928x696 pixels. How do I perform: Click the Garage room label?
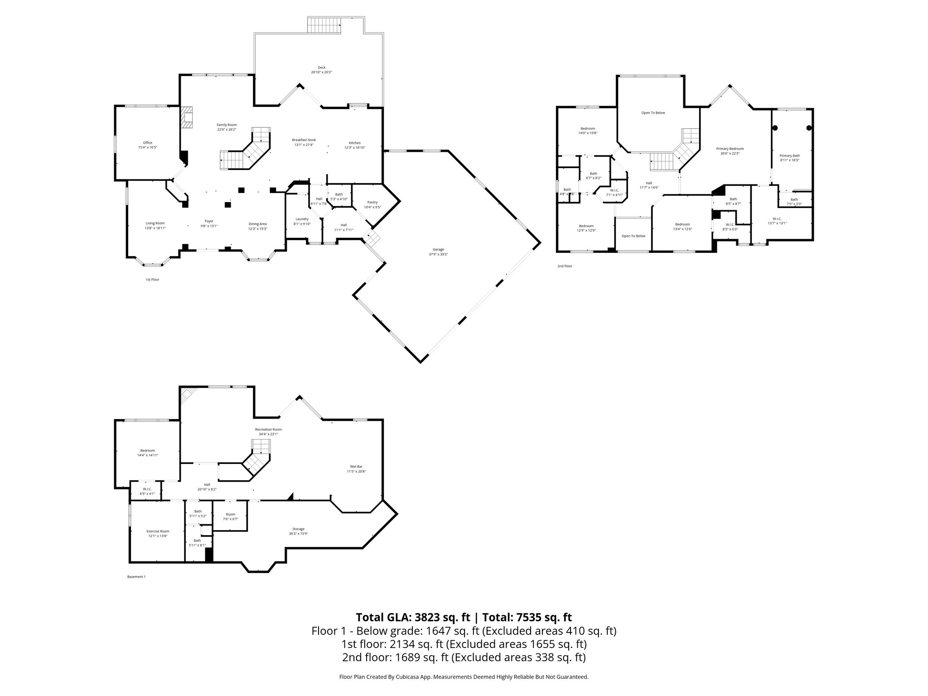point(438,249)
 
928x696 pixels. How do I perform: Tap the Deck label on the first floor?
point(321,68)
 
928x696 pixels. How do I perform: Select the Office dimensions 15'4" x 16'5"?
point(148,148)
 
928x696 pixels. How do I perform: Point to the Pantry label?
point(372,203)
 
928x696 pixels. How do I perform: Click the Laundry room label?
point(302,219)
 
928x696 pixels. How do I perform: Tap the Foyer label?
point(209,221)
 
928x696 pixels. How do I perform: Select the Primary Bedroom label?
point(730,149)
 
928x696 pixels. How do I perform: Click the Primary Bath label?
point(790,155)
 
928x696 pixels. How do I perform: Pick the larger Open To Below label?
point(653,113)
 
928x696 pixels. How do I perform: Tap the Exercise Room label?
point(158,532)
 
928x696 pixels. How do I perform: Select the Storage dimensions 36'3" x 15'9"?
point(298,534)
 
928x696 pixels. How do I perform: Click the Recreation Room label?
point(268,430)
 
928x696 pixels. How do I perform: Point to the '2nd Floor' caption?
point(565,266)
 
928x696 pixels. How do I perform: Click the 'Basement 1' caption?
point(136,577)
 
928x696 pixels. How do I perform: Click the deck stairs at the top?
point(324,25)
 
